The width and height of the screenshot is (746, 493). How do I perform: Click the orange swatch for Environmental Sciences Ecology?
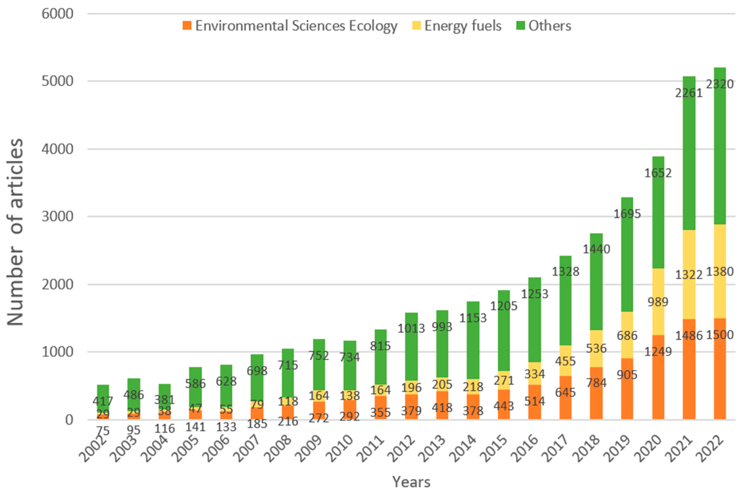(187, 25)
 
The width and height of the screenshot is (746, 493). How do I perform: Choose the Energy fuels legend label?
(463, 25)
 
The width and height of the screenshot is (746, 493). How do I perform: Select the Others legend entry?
(549, 25)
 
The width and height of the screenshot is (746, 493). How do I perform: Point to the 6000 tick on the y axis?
(58, 14)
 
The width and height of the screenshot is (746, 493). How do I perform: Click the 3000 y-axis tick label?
(58, 217)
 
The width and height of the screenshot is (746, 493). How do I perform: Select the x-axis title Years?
(411, 482)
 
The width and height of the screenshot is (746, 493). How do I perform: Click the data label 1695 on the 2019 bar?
(627, 214)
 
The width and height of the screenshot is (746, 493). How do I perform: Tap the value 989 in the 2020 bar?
(658, 302)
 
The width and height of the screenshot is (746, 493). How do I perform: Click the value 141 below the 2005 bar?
(195, 427)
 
